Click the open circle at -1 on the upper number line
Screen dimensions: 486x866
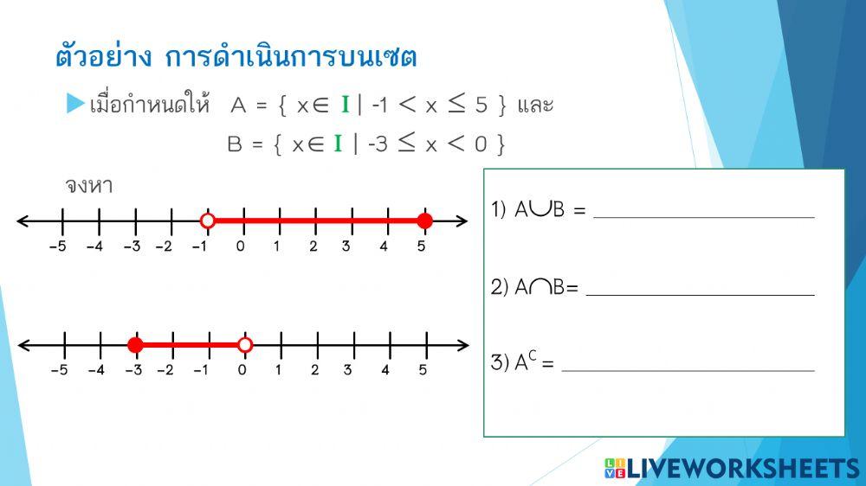[x=207, y=221]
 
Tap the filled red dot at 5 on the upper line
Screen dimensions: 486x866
[x=424, y=221]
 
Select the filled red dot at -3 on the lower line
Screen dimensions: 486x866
[x=135, y=346]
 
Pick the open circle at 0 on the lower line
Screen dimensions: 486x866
[x=245, y=346]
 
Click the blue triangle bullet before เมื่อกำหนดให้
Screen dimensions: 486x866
[x=75, y=105]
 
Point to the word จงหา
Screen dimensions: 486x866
[x=89, y=186]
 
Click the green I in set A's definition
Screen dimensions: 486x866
[x=345, y=106]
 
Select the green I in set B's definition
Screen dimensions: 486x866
[x=339, y=144]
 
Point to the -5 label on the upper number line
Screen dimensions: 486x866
[x=57, y=246]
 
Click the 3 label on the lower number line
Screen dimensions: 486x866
[x=348, y=370]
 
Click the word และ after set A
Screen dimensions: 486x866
[x=534, y=106]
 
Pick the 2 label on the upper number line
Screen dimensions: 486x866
[x=313, y=246]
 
